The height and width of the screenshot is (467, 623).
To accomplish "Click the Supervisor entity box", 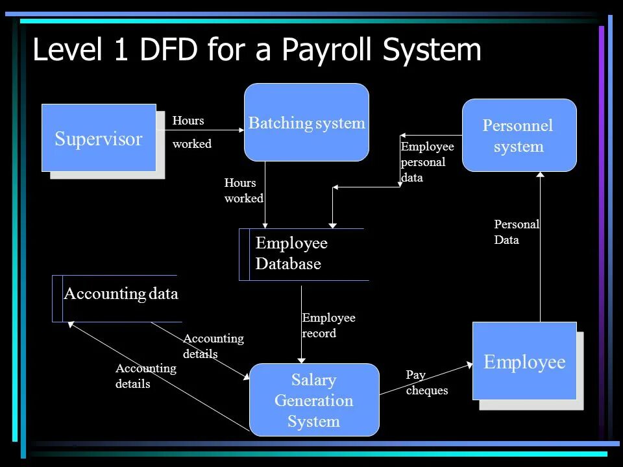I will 99,138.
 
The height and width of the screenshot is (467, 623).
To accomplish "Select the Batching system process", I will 306,123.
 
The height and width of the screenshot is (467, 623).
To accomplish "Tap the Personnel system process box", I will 519,136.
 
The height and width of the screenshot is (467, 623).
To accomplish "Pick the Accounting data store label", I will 121,294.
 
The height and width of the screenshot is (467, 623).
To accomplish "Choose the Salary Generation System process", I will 314,400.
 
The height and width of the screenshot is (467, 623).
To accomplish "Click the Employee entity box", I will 524,361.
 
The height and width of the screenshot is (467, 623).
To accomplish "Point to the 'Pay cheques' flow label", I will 426,383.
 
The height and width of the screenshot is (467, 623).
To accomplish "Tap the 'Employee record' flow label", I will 328,326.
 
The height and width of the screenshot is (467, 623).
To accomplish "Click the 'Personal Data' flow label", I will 517,232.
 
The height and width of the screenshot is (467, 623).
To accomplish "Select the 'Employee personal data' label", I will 427,162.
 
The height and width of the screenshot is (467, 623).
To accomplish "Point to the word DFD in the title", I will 169,51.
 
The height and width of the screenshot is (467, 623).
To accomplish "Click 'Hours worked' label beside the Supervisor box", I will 191,132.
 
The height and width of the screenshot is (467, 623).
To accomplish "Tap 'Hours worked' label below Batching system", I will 243,191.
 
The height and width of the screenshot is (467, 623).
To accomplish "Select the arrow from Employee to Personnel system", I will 541,246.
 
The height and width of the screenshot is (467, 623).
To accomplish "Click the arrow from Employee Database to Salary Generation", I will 302,324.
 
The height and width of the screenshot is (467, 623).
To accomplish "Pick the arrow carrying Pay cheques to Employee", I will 425,379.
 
